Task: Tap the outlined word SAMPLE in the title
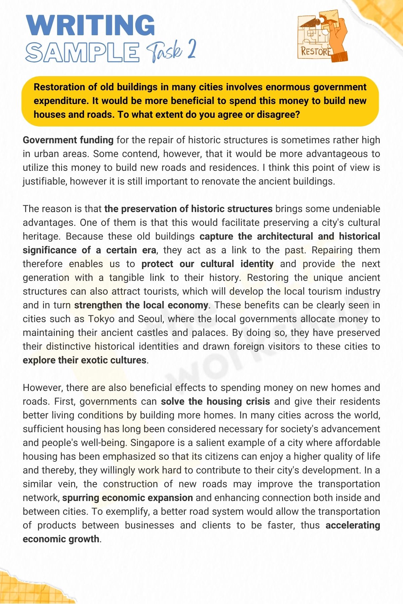[82, 52]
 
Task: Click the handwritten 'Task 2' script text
[171, 51]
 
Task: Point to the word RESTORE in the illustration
[316, 51]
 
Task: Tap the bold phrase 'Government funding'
[68, 140]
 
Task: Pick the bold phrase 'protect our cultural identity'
[207, 264]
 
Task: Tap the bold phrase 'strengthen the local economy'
[141, 305]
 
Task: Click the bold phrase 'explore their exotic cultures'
[84, 360]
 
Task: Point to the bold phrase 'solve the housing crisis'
[215, 401]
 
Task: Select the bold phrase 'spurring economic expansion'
[128, 498]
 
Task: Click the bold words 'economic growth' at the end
[61, 539]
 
